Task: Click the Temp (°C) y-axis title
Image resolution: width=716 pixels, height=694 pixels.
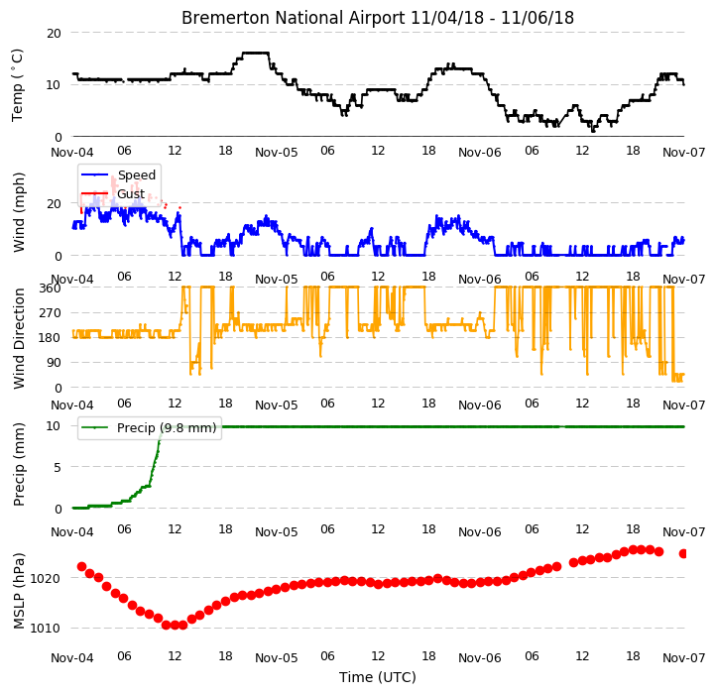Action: pyautogui.click(x=17, y=85)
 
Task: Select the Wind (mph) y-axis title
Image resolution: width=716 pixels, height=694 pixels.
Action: pyautogui.click(x=18, y=212)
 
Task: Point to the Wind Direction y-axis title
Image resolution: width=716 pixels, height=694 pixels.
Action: pyautogui.click(x=18, y=338)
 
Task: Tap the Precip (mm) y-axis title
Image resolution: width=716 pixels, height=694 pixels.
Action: pyautogui.click(x=18, y=464)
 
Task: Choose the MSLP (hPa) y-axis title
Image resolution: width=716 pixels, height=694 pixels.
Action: pyautogui.click(x=18, y=591)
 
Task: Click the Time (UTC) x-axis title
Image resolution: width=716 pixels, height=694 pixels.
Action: pyautogui.click(x=378, y=677)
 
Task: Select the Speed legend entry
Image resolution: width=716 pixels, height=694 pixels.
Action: pyautogui.click(x=137, y=174)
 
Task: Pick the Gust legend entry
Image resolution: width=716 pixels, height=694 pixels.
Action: pyautogui.click(x=131, y=193)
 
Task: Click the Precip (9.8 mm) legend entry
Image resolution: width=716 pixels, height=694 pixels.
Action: pyautogui.click(x=167, y=428)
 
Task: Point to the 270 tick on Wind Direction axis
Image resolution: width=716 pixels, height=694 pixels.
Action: pyautogui.click(x=51, y=313)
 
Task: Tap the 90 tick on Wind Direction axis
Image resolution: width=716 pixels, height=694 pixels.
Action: pyautogui.click(x=54, y=363)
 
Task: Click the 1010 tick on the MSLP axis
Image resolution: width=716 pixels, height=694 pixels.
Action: pyautogui.click(x=45, y=629)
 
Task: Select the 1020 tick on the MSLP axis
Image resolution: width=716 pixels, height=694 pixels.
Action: pyautogui.click(x=45, y=578)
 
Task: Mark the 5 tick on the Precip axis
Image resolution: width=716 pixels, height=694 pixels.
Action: pyautogui.click(x=57, y=468)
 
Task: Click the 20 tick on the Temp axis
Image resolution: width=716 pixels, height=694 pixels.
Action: pyautogui.click(x=54, y=34)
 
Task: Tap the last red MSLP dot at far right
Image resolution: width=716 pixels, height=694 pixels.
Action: pyautogui.click(x=683, y=554)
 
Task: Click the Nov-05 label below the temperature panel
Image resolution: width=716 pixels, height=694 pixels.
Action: pyautogui.click(x=277, y=153)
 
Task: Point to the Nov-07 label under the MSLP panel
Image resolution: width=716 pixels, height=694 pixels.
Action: pyautogui.click(x=683, y=658)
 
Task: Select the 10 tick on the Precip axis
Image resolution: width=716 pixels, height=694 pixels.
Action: pyautogui.click(x=54, y=426)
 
